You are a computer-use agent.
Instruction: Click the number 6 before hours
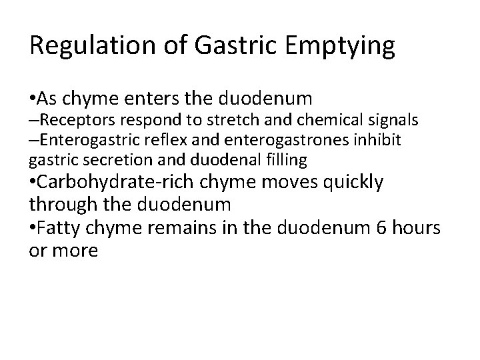pos(382,229)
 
